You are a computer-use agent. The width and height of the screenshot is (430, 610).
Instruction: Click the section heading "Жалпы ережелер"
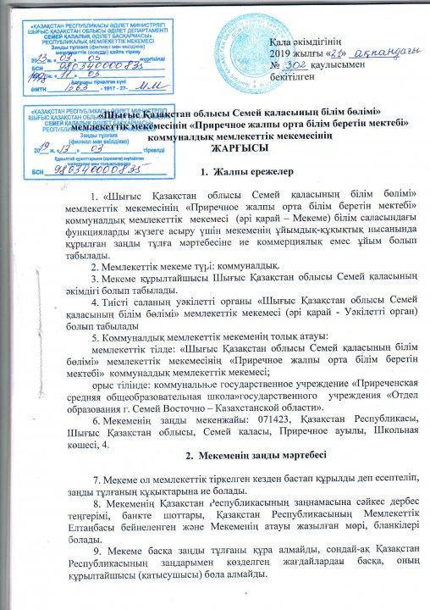229,174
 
